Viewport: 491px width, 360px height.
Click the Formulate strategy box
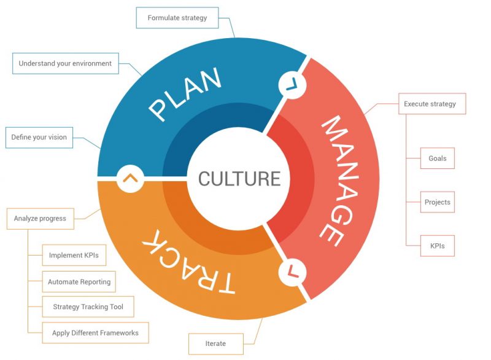177,18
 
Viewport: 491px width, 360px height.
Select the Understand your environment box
66,63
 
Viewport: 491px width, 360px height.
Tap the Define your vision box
39,137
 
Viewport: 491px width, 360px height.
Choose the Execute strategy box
432,104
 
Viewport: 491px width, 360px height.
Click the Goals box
438,158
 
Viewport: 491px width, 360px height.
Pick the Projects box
438,202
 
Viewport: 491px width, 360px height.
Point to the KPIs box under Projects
438,246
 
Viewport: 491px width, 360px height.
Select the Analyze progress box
41,219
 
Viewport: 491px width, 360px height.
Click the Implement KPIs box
74,256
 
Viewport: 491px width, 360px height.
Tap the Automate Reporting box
79,281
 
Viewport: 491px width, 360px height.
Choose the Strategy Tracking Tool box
88,307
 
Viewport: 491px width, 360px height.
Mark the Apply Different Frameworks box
96,333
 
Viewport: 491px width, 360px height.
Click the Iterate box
216,343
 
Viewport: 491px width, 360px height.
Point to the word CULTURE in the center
239,179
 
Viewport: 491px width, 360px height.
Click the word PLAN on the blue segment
185,94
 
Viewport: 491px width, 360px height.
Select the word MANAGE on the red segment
340,181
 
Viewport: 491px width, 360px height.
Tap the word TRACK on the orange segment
188,262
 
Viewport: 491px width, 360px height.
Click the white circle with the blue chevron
292,85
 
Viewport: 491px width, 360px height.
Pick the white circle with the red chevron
293,272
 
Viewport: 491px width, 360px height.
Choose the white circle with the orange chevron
130,179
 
